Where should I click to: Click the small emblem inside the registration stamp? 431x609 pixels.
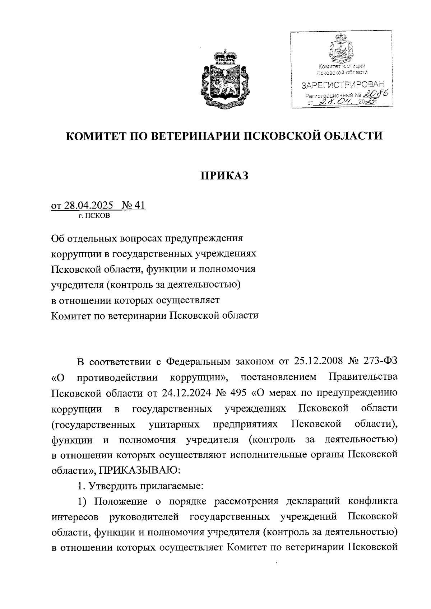[340, 49]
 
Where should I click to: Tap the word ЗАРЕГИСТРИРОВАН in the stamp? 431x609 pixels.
[342, 85]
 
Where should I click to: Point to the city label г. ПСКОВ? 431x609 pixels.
[95, 216]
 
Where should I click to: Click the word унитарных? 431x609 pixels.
[174, 425]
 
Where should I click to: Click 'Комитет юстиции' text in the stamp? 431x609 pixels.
[342, 66]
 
